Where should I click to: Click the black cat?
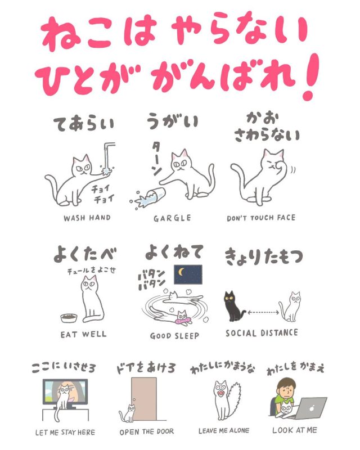click(233, 307)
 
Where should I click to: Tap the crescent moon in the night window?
click(182, 271)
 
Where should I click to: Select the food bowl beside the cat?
click(69, 318)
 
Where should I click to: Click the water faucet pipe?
click(107, 154)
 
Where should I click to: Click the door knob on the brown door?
click(134, 399)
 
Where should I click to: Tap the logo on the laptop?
click(312, 408)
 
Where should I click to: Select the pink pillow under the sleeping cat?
click(183, 320)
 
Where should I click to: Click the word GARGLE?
click(172, 218)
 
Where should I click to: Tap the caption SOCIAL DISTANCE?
click(262, 333)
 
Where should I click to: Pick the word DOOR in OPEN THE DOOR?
click(165, 431)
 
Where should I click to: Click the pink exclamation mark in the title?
click(310, 77)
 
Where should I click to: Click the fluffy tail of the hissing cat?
click(235, 398)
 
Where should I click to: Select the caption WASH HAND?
click(87, 218)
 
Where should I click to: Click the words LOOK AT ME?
click(295, 430)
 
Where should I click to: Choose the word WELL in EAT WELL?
click(94, 334)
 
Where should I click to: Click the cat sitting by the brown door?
click(129, 413)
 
